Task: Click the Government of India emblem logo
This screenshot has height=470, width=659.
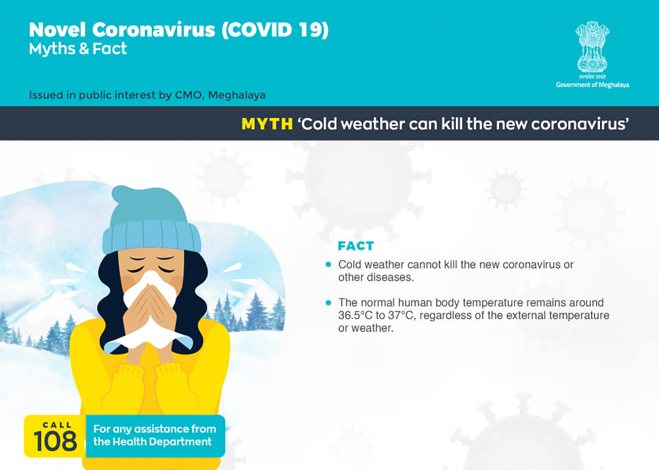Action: (592, 50)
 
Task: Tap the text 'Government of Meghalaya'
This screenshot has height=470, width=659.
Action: (592, 85)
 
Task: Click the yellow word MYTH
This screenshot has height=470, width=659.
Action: (267, 124)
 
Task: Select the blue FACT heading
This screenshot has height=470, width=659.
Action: (356, 246)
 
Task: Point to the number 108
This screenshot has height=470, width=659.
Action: (55, 441)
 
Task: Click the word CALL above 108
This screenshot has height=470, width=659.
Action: (57, 425)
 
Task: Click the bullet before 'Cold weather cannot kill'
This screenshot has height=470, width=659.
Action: (328, 264)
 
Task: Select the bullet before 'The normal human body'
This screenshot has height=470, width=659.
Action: (328, 303)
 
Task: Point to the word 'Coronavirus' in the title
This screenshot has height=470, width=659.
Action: (153, 30)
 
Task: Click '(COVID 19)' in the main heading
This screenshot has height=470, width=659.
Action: (275, 30)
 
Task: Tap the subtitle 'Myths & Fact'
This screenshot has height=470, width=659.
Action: (78, 49)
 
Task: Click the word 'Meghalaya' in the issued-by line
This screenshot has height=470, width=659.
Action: (237, 95)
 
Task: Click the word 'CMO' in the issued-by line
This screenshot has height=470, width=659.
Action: (189, 95)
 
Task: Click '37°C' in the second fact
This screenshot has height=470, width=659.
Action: (403, 316)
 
